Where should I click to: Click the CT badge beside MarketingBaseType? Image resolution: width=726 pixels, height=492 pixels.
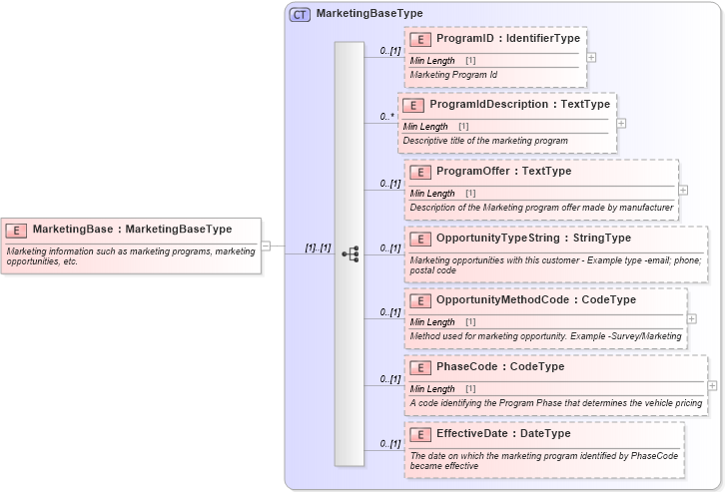coord(300,14)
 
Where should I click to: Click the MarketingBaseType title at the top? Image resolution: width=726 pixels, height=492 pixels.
coord(369,14)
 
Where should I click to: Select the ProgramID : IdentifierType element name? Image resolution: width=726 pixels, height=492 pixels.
coord(507,39)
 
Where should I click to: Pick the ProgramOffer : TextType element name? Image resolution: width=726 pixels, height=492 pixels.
coord(503,172)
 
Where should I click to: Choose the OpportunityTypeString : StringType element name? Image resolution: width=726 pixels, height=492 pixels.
coord(533,239)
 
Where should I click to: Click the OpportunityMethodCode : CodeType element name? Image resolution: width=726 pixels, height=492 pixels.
coord(535,300)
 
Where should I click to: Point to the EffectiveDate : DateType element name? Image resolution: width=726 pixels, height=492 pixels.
coord(503,434)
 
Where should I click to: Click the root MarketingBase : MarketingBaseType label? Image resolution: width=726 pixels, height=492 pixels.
coord(132,230)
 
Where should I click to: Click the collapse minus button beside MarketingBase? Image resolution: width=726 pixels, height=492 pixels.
coord(266,246)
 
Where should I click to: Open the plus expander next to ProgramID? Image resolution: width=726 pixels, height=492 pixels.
coord(591,57)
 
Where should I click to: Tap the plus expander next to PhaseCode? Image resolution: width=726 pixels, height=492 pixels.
coord(712,385)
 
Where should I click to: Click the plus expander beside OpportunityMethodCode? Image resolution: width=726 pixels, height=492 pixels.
coord(692,318)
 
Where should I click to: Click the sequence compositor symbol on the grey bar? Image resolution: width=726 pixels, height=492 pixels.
coord(350,253)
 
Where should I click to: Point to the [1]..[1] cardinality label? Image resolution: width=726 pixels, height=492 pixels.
coord(318,247)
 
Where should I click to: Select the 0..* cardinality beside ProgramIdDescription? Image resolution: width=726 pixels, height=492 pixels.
coord(386,117)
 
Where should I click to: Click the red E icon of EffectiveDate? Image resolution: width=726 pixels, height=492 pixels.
coord(420,434)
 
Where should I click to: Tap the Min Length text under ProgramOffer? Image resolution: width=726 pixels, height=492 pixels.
coord(432,194)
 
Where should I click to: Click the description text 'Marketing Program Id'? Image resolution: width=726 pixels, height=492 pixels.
coord(453,75)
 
